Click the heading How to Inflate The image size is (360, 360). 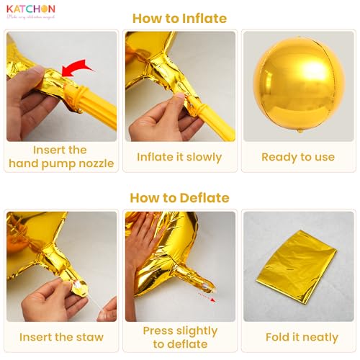click(x=179, y=19)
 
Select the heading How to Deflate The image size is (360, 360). click(x=179, y=197)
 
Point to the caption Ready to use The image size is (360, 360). click(x=298, y=157)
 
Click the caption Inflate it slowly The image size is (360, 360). click(x=179, y=157)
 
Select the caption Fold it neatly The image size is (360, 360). click(x=298, y=337)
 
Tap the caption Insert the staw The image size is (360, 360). click(x=61, y=337)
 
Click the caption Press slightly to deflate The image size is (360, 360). click(x=179, y=337)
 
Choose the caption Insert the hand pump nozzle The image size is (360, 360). click(x=61, y=157)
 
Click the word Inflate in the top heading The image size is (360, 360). click(x=204, y=19)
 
